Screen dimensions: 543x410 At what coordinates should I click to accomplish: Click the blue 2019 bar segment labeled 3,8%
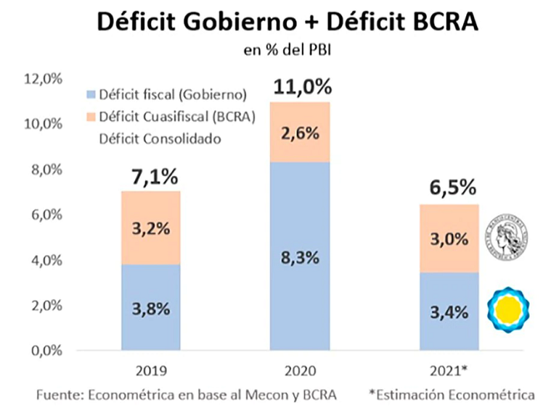point(151,307)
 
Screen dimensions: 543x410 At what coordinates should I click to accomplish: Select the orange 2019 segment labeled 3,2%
point(151,228)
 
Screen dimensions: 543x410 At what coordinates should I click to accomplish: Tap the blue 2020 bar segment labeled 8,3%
point(300,256)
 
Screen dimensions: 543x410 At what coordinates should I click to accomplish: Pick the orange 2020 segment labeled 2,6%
point(300,133)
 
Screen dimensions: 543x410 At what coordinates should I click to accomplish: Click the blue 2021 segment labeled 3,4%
point(449,312)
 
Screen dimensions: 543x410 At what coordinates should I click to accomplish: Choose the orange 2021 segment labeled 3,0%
point(449,239)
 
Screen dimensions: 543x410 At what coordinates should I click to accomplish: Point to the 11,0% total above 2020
point(303,87)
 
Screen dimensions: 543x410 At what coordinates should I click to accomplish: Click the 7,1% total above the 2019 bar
point(154,177)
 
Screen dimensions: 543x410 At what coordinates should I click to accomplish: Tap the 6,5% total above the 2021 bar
point(453,188)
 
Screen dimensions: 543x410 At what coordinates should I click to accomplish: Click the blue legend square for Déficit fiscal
point(91,95)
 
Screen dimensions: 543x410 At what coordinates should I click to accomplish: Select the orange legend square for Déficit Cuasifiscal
point(91,117)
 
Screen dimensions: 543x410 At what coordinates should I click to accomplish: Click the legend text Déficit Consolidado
point(160,139)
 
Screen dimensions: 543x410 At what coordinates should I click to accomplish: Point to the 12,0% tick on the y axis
point(43,79)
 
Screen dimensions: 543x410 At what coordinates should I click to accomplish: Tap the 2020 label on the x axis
point(300,371)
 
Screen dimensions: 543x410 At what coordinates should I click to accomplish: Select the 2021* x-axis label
point(449,371)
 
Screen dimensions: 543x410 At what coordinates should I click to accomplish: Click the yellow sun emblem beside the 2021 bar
point(508,310)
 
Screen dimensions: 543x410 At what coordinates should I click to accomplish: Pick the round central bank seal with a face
point(507,237)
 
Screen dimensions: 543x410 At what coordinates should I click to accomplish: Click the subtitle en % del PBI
point(288,50)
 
